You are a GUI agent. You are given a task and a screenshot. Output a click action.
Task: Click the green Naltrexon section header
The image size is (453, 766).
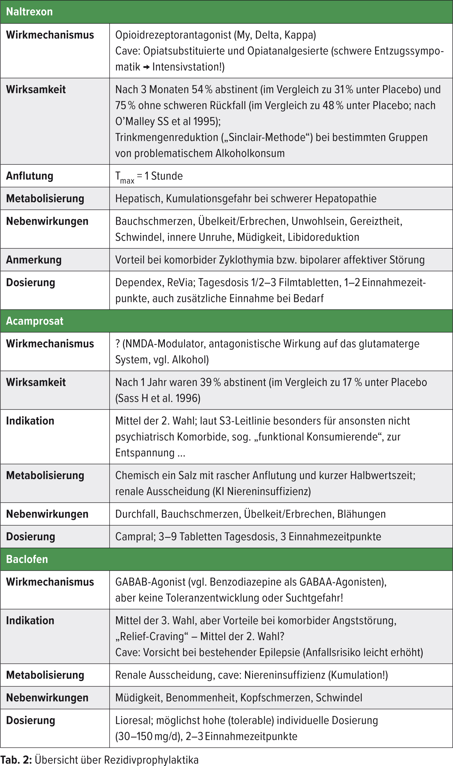point(29,12)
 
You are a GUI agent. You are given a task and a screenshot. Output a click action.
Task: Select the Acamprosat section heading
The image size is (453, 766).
point(35,321)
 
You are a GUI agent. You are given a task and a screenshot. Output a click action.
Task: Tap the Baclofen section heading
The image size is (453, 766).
point(27,559)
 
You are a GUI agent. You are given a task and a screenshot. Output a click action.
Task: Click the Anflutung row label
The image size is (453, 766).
point(30,176)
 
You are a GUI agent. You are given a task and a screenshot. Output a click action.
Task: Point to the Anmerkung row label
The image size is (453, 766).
point(34,260)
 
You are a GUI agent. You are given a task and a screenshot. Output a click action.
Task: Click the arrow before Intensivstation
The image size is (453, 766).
point(146,67)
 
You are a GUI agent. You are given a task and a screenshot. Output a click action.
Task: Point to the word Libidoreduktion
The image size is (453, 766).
point(323,237)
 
